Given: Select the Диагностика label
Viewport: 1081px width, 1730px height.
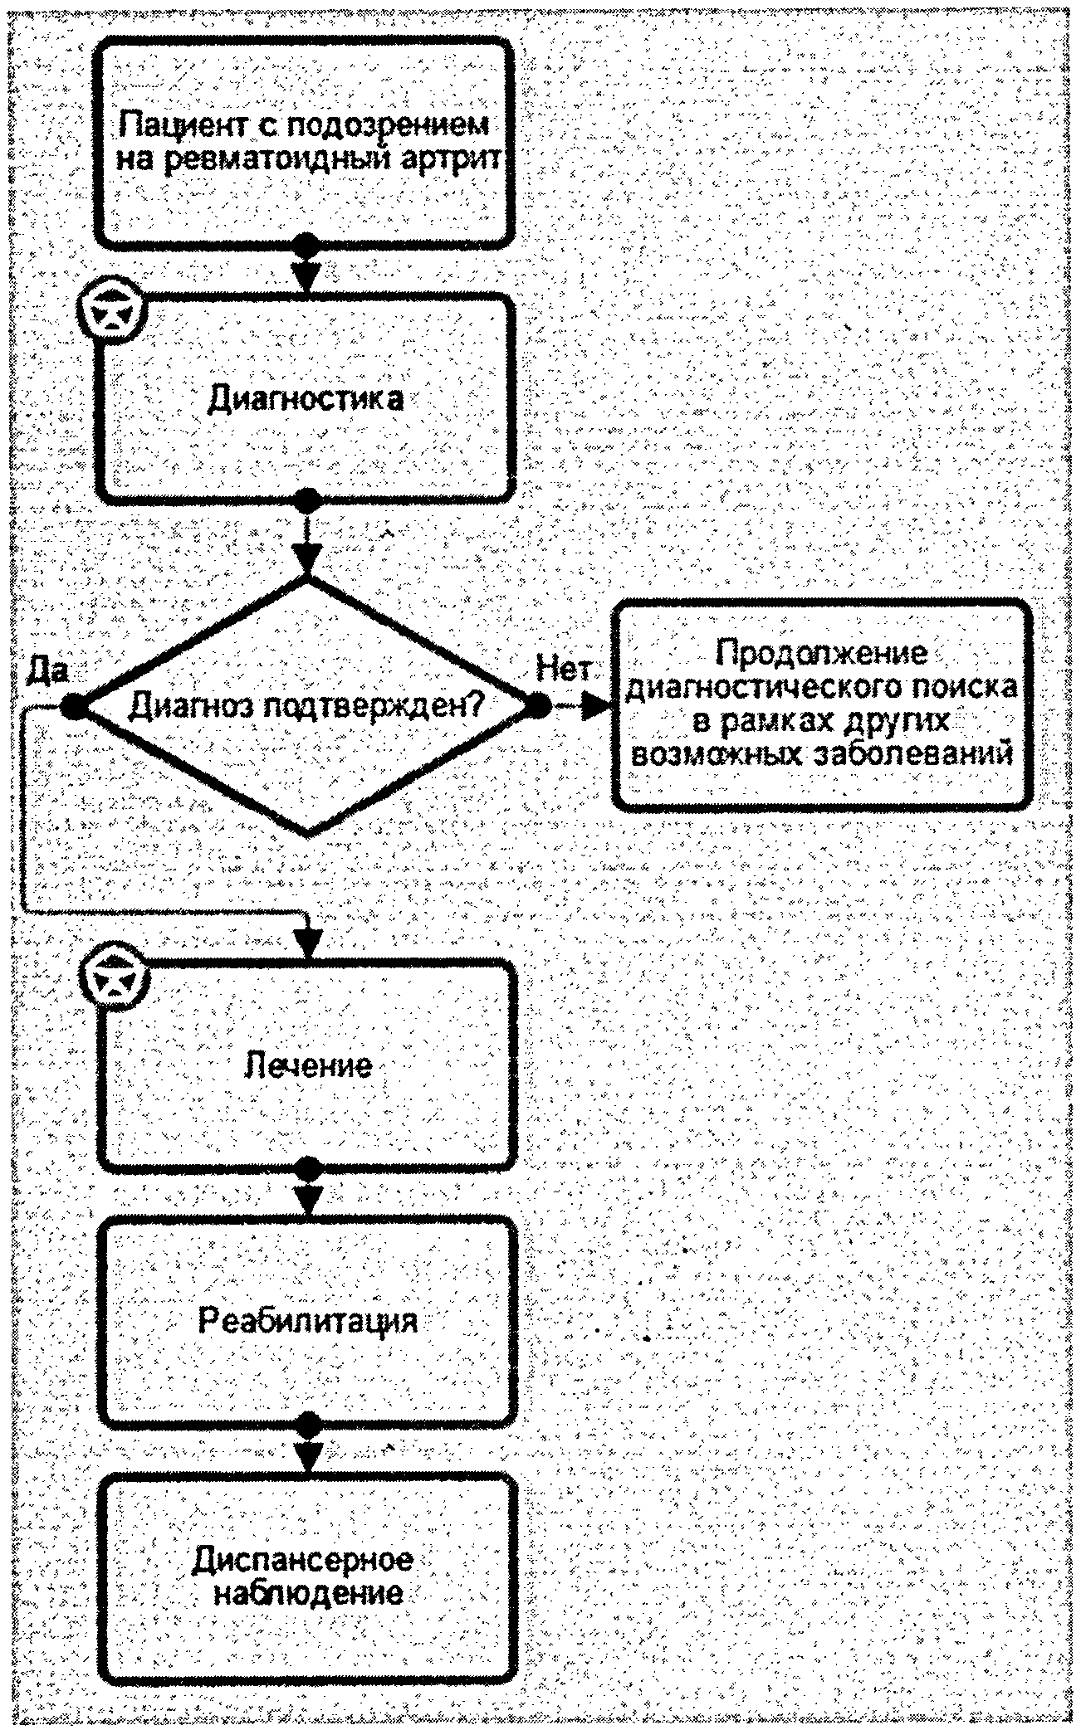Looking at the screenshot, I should (305, 399).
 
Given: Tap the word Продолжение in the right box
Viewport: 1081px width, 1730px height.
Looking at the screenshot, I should (822, 654).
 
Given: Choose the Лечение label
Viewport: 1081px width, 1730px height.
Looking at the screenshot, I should (308, 1065).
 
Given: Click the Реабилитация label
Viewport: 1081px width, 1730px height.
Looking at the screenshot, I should (308, 1319).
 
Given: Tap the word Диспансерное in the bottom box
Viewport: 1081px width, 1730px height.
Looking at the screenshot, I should (304, 1560).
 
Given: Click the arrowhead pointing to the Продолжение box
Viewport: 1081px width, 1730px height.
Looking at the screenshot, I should (595, 706).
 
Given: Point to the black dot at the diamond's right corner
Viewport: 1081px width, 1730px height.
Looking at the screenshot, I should (537, 706).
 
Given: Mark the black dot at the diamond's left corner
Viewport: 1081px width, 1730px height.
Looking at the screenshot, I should (73, 706).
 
